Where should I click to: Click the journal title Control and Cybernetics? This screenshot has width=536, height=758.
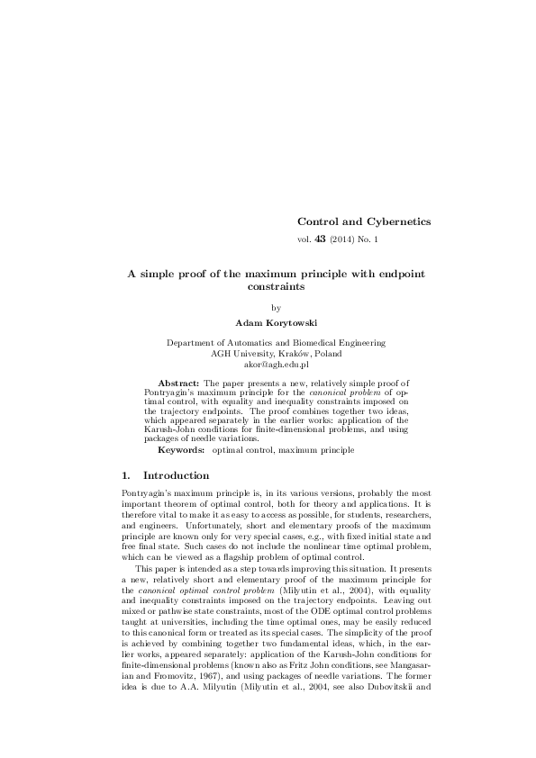(x=364, y=221)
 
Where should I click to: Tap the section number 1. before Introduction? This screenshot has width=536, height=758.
(x=126, y=474)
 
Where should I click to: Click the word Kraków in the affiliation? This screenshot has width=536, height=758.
(x=286, y=354)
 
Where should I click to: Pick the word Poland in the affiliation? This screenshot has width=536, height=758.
(x=325, y=354)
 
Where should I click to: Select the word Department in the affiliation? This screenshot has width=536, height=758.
(x=193, y=343)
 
